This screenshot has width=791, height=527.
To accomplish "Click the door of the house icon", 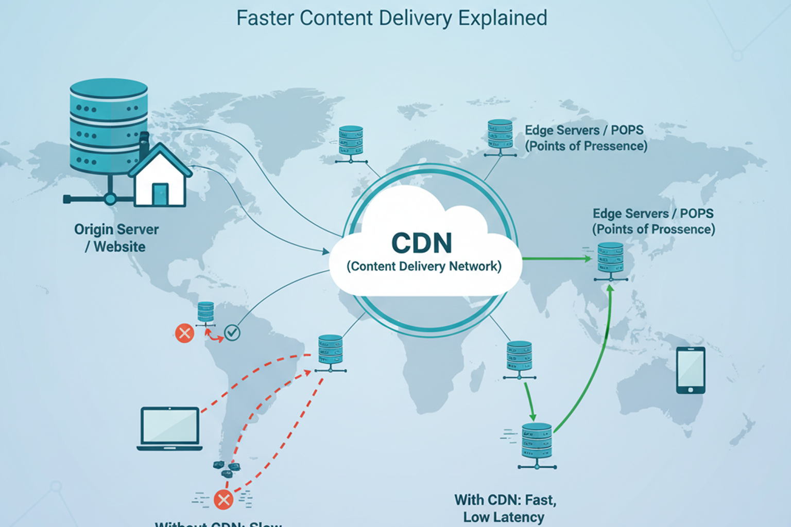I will [x=160, y=194].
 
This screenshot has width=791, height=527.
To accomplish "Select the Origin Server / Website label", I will [x=116, y=238].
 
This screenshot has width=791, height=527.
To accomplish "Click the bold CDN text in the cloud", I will [x=422, y=243].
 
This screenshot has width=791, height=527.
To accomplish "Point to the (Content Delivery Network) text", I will [x=424, y=266].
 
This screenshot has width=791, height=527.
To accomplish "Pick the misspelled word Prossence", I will [x=684, y=229].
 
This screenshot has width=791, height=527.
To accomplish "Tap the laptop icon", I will [x=170, y=428].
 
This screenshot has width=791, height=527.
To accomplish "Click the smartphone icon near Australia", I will [x=691, y=370].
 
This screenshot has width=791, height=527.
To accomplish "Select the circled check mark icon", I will [x=232, y=332].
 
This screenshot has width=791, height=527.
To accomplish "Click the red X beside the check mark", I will [x=184, y=333].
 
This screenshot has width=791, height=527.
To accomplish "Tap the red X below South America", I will [x=223, y=499].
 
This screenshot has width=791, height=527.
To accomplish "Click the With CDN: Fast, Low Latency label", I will [x=505, y=508].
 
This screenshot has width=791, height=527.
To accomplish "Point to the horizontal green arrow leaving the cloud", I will [x=556, y=258].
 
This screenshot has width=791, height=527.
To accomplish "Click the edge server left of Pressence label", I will [x=500, y=137].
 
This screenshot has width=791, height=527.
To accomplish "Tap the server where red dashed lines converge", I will [x=331, y=353].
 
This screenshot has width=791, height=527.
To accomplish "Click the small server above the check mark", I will [x=205, y=312].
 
